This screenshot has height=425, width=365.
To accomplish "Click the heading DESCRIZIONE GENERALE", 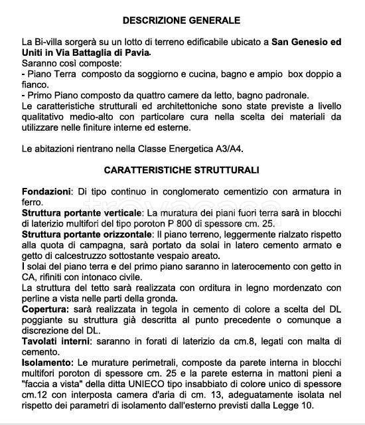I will (x=181, y=21).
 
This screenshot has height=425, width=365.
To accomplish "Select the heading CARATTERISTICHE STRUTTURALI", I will (x=181, y=170).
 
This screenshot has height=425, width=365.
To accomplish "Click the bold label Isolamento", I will (x=48, y=363).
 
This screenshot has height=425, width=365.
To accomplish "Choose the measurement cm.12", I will (x=34, y=395).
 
